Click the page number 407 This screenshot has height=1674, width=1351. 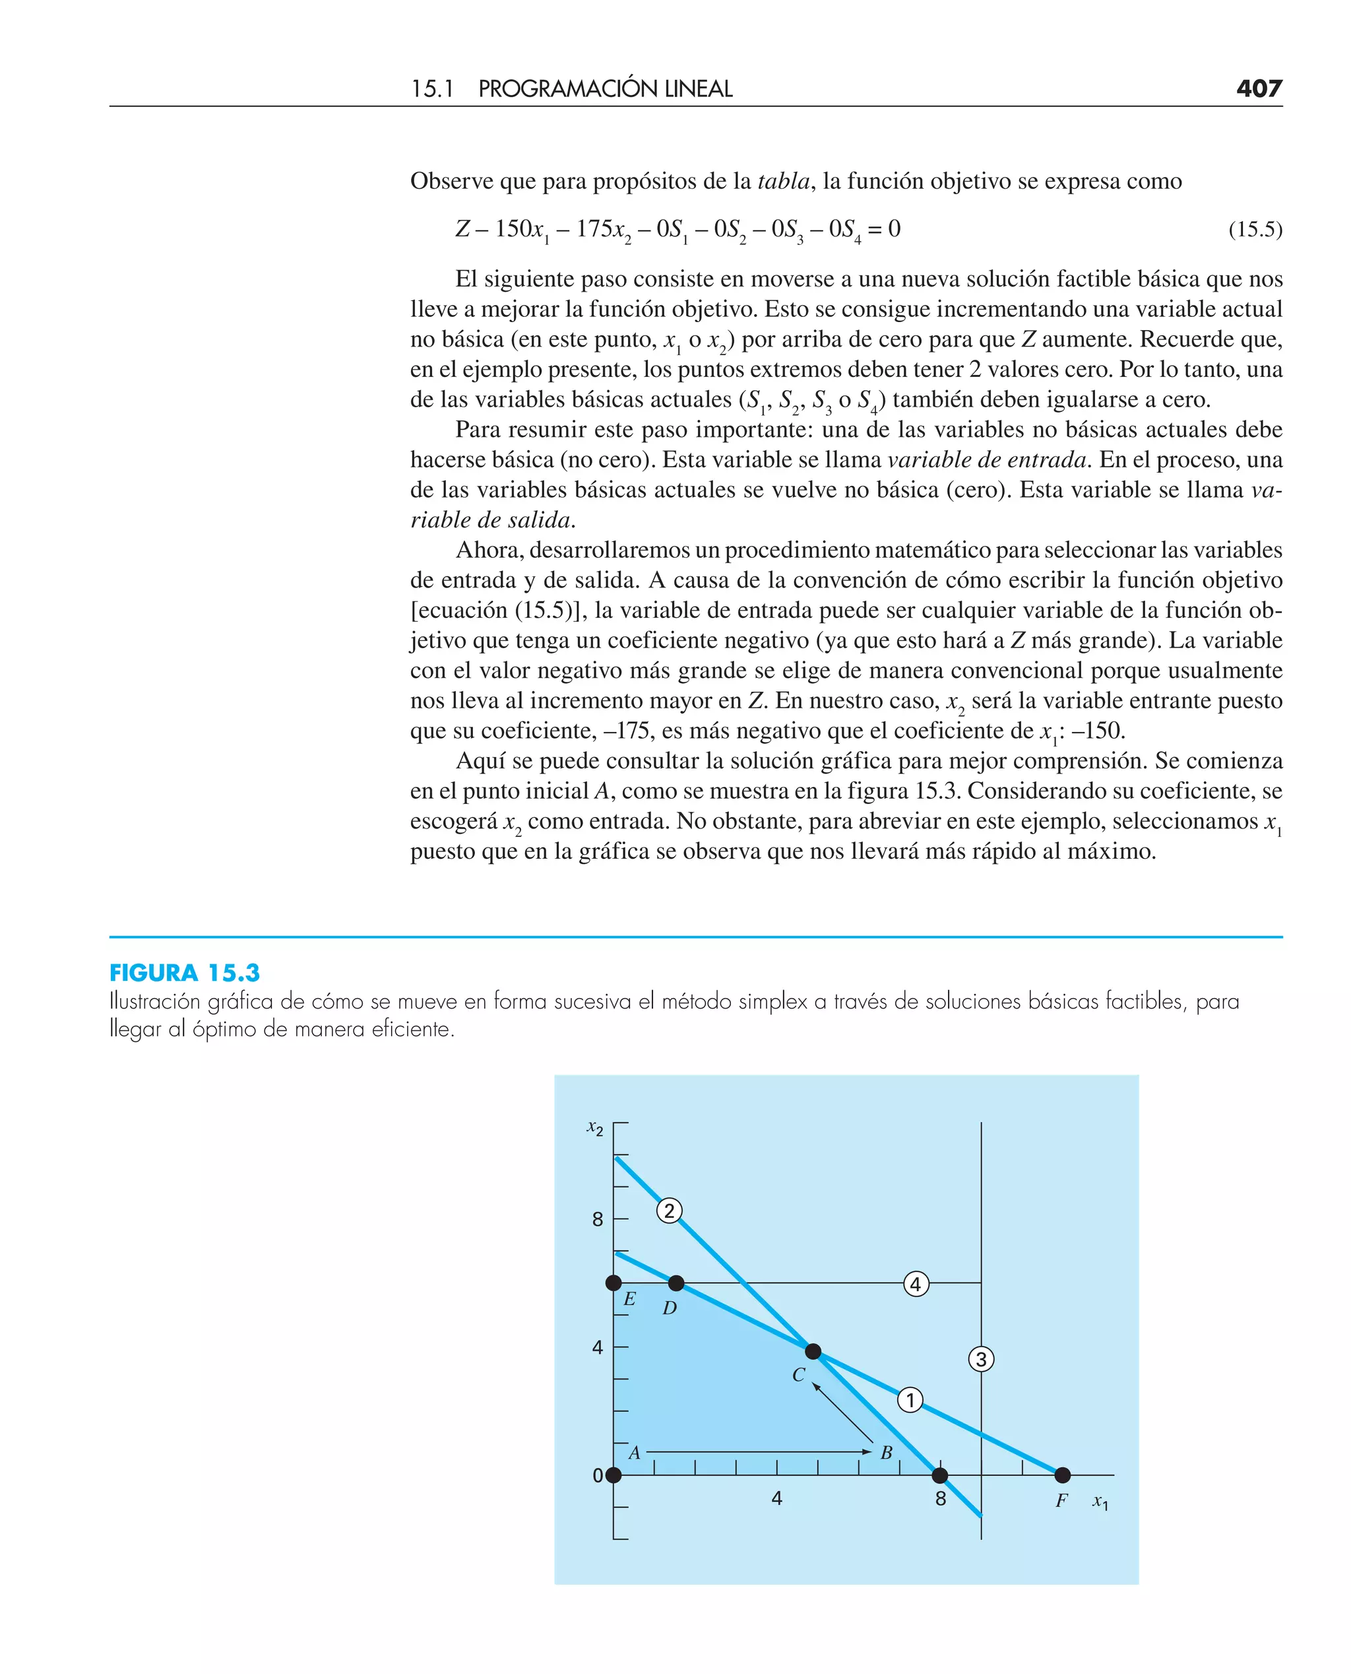[x=1259, y=88]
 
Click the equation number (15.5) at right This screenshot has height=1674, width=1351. [x=1255, y=230]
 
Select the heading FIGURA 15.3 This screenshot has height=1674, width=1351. [x=185, y=972]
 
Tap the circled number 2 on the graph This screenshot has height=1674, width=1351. [x=670, y=1211]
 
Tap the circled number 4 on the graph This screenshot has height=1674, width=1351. [x=916, y=1284]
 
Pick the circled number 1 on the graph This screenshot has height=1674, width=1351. [x=910, y=1400]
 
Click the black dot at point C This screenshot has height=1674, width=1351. [x=813, y=1352]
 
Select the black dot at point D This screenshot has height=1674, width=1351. [x=676, y=1283]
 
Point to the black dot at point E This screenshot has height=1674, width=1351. [x=614, y=1283]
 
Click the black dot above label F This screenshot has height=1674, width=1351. [x=1062, y=1475]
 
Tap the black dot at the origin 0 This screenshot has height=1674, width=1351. [x=614, y=1475]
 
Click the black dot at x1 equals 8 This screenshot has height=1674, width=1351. [x=940, y=1475]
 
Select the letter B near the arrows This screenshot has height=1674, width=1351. [x=887, y=1453]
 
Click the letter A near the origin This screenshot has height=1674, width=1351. [x=634, y=1453]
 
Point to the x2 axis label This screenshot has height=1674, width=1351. [x=594, y=1128]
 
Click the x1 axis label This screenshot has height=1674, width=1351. [x=1100, y=1502]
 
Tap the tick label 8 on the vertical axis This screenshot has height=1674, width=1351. [x=598, y=1219]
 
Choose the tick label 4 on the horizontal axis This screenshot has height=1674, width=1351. [x=776, y=1499]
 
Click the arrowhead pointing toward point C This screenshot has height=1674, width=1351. [x=815, y=1386]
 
